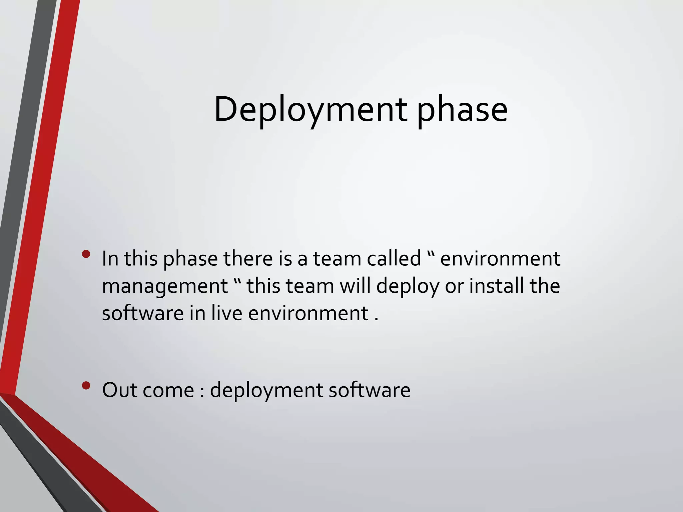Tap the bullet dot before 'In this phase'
pos(86,255)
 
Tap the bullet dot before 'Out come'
pos(86,386)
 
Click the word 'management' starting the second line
pos(165,286)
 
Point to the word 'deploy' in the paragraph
pos(408,286)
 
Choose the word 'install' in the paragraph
pos(496,286)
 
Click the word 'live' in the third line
pos(226,313)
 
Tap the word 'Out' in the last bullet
pos(120,390)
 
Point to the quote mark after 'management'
pos(237,280)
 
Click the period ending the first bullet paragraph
pos(377,320)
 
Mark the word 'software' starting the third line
pos(142,313)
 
